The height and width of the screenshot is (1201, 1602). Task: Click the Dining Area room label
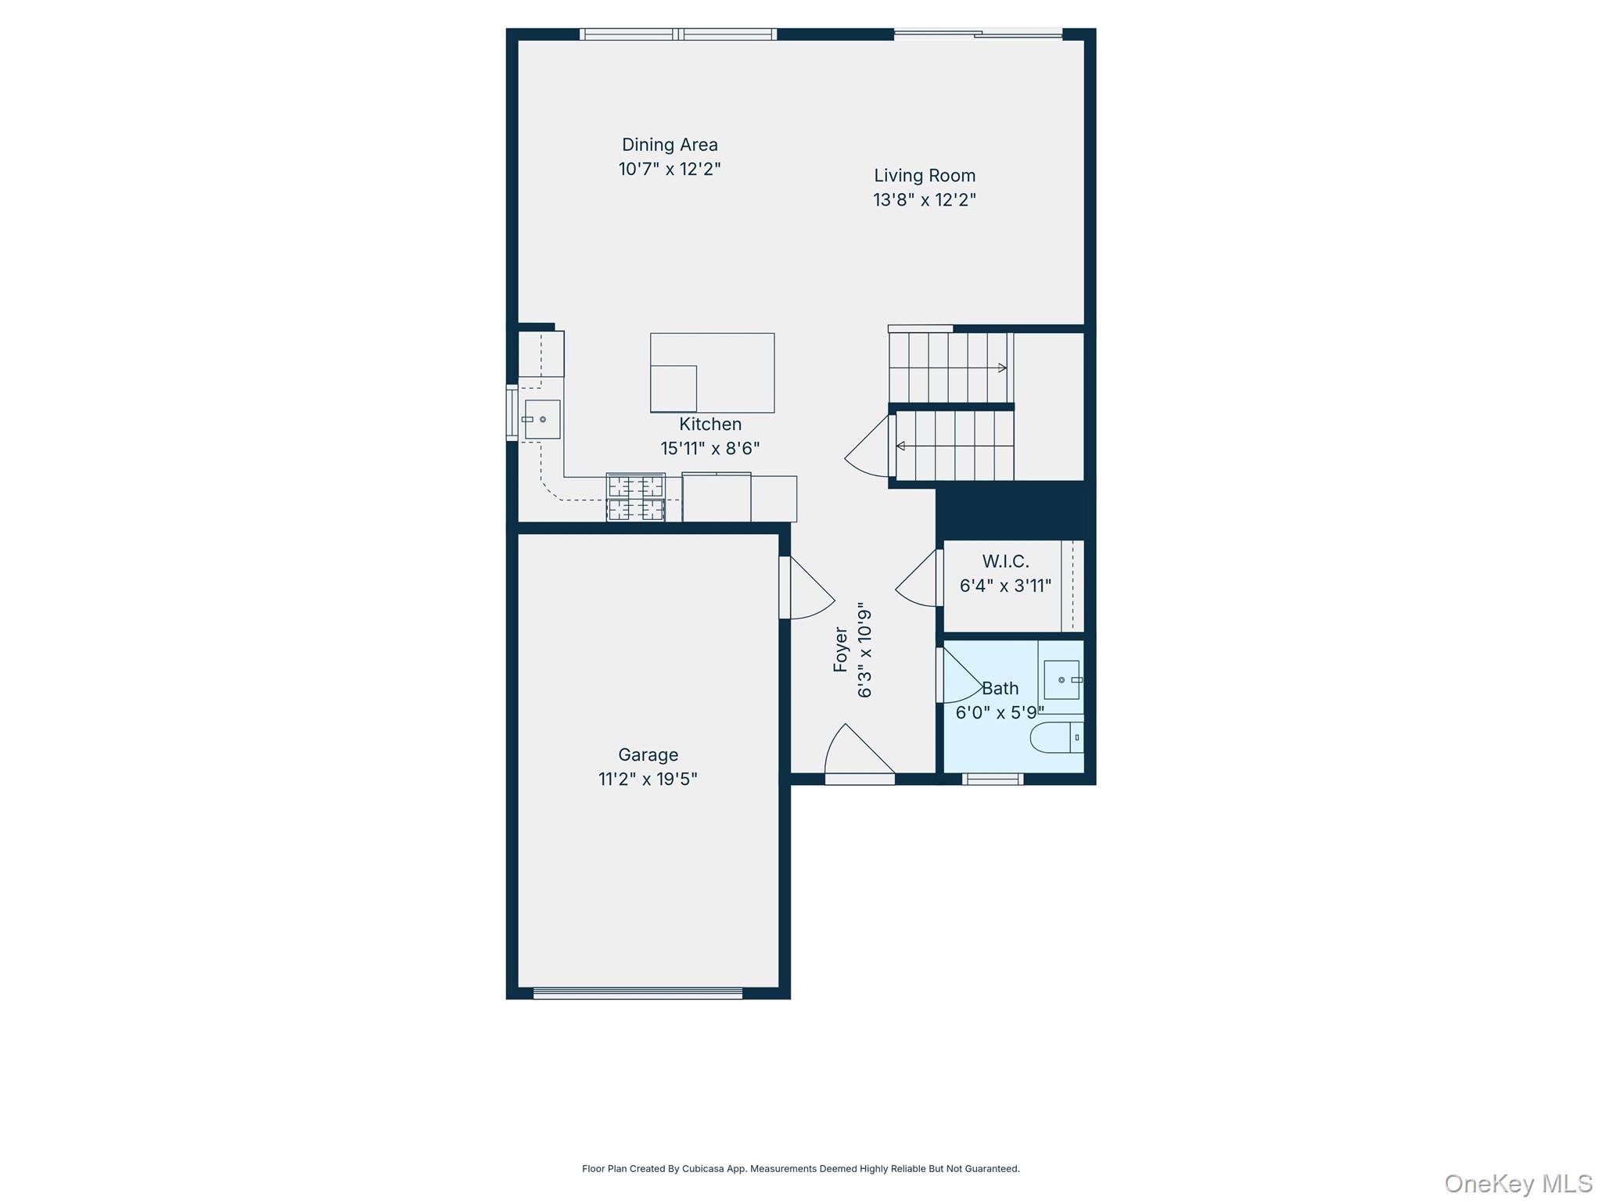670,145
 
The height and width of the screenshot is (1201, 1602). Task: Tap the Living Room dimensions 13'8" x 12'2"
925,200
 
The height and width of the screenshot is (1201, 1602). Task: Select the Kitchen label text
710,425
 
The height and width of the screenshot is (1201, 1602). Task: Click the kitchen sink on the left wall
542,420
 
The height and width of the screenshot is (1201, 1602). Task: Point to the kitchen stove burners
636,497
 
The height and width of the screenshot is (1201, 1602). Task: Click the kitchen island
713,373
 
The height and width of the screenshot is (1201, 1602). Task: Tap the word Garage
648,755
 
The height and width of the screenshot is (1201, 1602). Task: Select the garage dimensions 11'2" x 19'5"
648,780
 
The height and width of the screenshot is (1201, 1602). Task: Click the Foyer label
841,650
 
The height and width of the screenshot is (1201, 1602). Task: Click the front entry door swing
860,751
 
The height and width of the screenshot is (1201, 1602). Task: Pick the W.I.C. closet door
918,578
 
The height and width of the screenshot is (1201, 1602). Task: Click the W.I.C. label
1006,561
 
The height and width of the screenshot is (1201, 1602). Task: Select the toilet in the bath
1057,737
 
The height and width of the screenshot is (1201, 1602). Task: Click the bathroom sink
1063,679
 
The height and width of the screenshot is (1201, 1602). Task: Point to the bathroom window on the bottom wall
993,779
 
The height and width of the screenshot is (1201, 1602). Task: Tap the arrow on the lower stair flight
955,446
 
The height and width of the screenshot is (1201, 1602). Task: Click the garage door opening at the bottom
638,994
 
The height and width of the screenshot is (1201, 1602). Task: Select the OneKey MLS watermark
1518,1184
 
